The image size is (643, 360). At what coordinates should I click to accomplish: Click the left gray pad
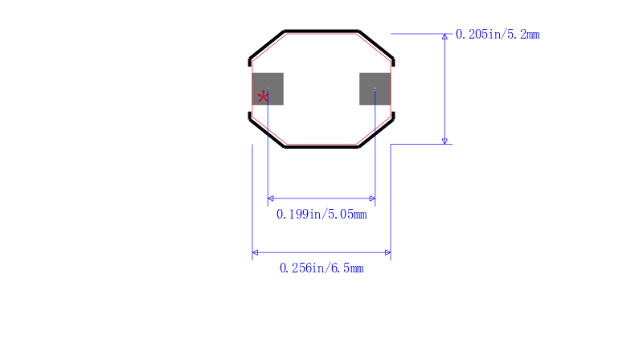tap(268, 89)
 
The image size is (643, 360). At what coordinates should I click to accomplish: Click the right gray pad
tap(375, 89)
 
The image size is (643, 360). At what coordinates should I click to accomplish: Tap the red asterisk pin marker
tap(263, 97)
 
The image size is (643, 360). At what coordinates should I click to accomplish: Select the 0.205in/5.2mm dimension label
tap(498, 35)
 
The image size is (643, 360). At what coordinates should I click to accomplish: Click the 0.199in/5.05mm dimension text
tap(321, 215)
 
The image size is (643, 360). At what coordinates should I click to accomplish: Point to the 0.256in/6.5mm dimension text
tap(321, 268)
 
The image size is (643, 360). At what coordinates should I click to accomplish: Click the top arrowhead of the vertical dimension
tap(444, 36)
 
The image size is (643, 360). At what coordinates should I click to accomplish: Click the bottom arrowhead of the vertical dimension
tap(444, 141)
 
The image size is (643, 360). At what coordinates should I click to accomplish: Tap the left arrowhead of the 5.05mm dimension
tap(271, 198)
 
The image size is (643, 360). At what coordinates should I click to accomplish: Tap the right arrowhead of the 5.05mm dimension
tap(372, 198)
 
